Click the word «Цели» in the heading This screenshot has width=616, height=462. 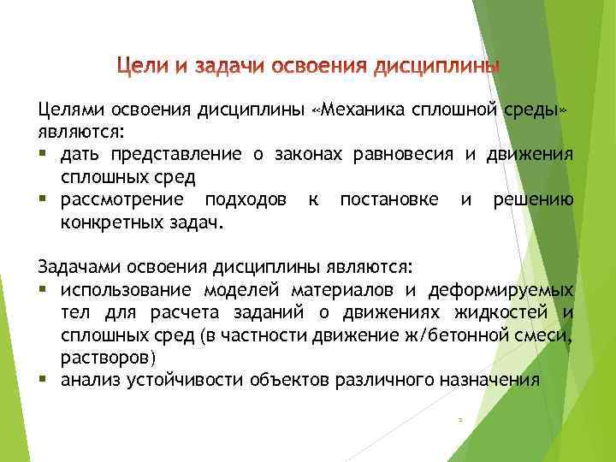[141, 66]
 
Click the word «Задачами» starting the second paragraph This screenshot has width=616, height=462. [75, 265]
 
